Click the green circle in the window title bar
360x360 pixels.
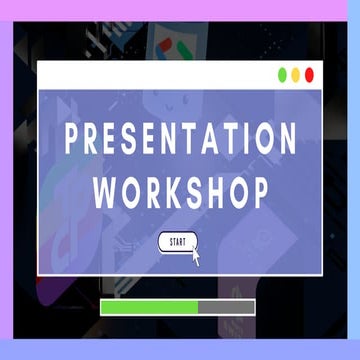point(283,75)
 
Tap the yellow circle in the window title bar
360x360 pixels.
point(296,75)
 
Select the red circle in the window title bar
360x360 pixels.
point(309,75)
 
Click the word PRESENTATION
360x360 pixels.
point(180,140)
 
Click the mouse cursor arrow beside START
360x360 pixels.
point(196,257)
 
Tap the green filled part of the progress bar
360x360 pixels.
point(149,307)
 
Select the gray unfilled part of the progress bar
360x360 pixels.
point(228,307)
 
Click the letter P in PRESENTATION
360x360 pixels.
point(73,140)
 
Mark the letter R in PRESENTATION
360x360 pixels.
point(95,140)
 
